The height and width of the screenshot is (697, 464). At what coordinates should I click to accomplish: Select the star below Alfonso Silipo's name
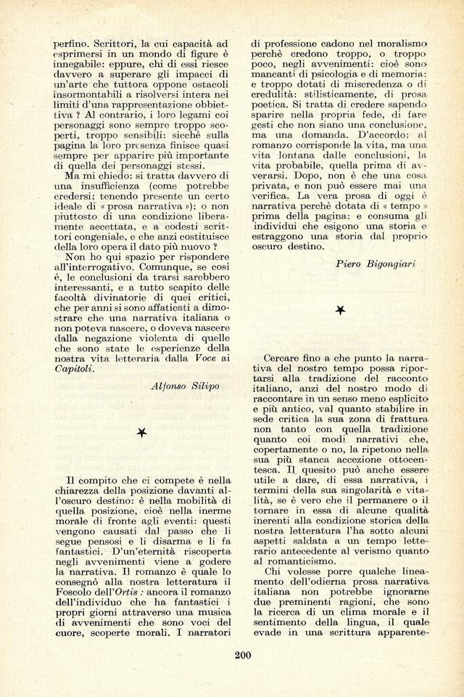pos(142,433)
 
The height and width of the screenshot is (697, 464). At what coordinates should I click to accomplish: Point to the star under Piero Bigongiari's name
pos(340,310)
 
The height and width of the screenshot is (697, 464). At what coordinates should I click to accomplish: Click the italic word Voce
pos(204,357)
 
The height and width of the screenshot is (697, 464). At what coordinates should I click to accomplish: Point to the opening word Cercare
pos(286,359)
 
